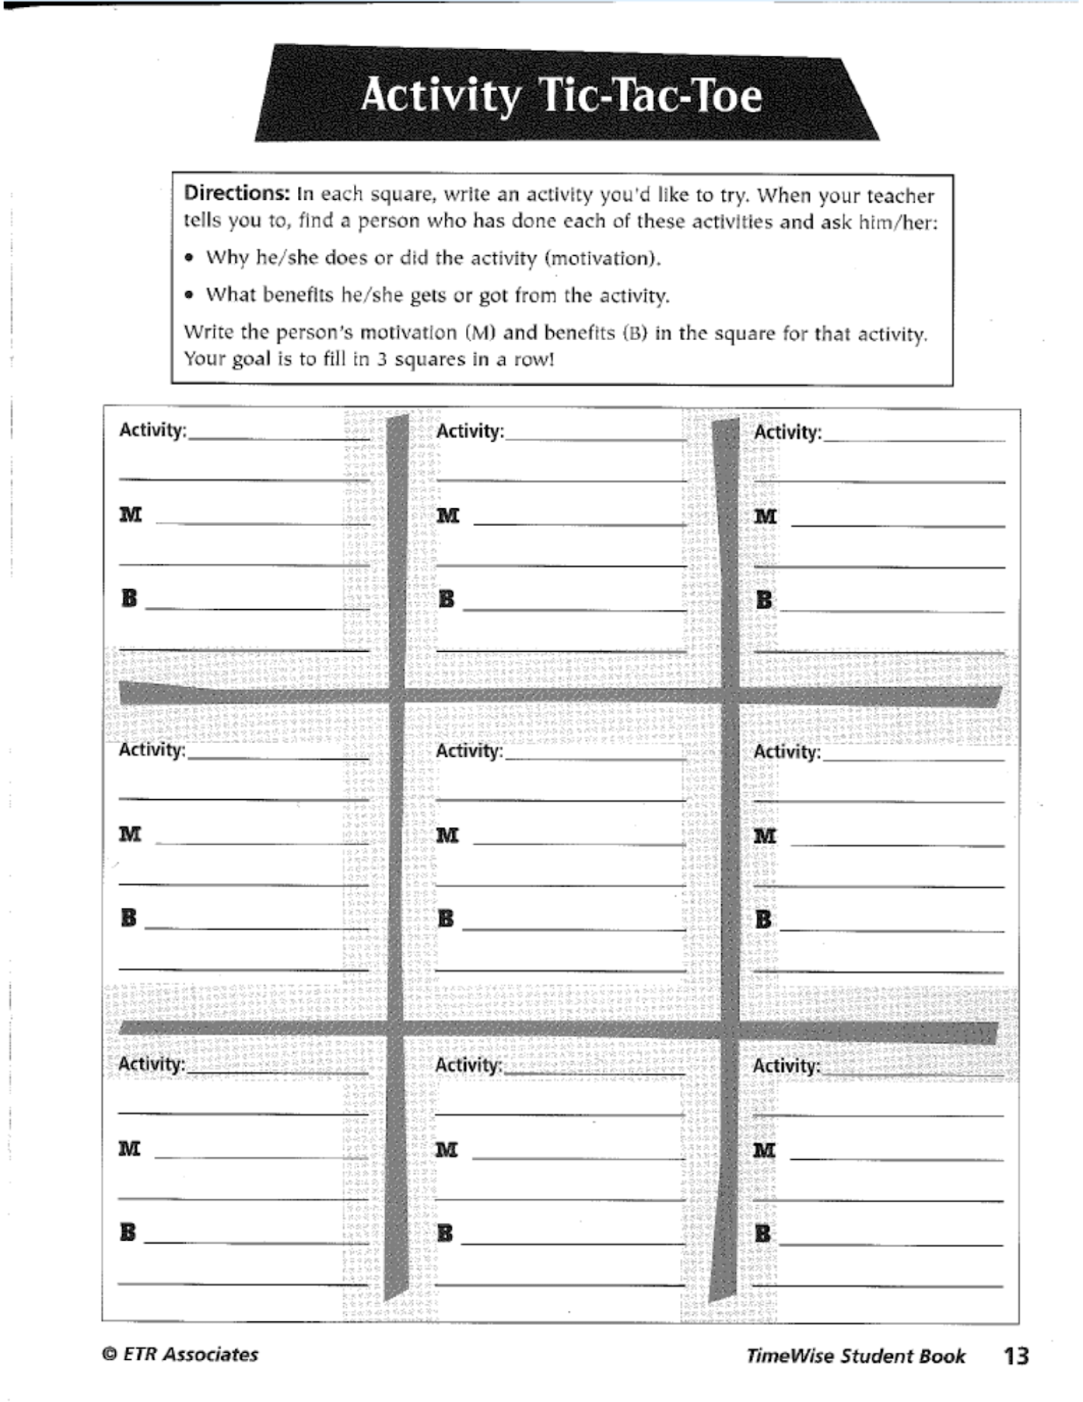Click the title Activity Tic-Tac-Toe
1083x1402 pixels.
click(x=561, y=95)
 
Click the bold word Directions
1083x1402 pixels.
click(x=236, y=193)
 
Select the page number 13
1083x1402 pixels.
click(x=1016, y=1355)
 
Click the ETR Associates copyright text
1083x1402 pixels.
click(x=181, y=1354)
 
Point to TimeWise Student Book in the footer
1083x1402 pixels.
click(x=855, y=1356)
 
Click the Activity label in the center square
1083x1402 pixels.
click(x=469, y=751)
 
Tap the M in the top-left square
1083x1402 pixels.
click(x=130, y=515)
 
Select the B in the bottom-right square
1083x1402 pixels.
click(x=763, y=1233)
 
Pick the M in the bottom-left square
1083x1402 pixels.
click(x=129, y=1149)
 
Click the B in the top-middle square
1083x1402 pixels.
click(x=447, y=599)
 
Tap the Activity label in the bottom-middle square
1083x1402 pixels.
click(x=468, y=1065)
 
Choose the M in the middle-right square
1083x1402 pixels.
click(x=765, y=836)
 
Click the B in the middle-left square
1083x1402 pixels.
click(x=129, y=918)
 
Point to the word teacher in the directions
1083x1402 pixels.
click(x=900, y=196)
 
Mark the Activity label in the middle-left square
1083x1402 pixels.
click(x=151, y=749)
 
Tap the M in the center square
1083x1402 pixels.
click(x=447, y=836)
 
